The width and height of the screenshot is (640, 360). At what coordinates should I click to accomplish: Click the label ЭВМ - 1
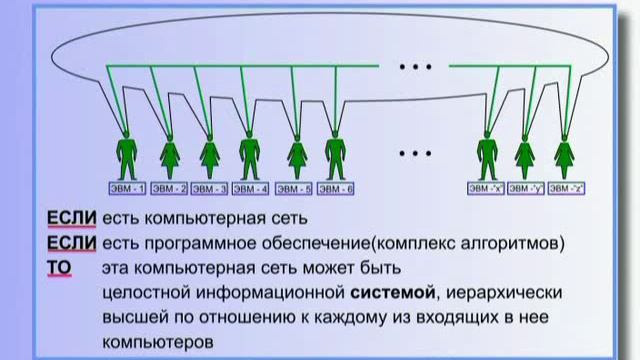[127, 188]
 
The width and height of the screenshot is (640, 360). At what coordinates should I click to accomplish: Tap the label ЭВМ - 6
[336, 188]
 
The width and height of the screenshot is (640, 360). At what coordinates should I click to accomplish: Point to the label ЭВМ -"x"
[486, 188]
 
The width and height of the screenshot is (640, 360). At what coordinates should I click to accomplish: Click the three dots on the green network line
[414, 67]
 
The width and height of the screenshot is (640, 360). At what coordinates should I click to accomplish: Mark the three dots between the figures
[413, 153]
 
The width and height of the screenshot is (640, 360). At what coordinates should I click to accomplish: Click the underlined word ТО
[60, 268]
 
